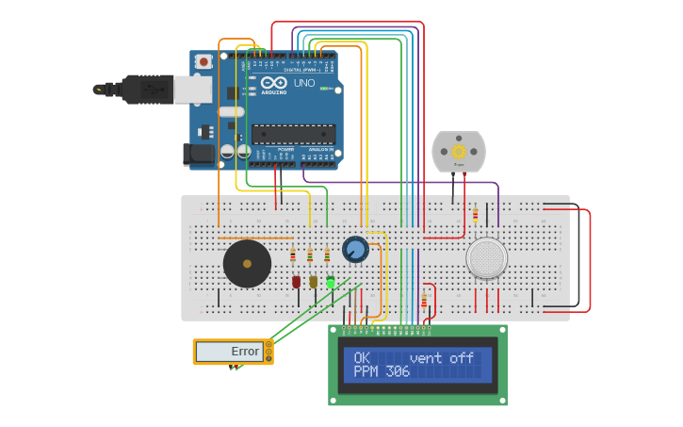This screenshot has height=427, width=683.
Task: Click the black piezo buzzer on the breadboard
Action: (x=247, y=264)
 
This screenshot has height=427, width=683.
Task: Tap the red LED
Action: (x=297, y=281)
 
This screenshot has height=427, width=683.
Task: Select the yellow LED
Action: (x=314, y=281)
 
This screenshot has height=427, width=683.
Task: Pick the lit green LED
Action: (x=331, y=281)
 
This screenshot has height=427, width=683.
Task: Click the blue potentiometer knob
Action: (x=355, y=250)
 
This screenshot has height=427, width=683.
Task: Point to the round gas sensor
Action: (x=487, y=257)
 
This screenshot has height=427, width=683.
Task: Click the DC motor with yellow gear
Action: (x=459, y=152)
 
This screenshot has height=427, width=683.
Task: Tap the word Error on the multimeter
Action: (x=245, y=352)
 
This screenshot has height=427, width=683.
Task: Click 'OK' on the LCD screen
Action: (x=362, y=358)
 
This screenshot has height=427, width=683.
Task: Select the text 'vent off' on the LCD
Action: (x=442, y=358)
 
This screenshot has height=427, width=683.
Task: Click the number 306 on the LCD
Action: (x=398, y=372)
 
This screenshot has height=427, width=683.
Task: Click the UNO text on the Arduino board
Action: (x=304, y=83)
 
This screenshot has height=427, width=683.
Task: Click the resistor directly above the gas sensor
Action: (x=475, y=215)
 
